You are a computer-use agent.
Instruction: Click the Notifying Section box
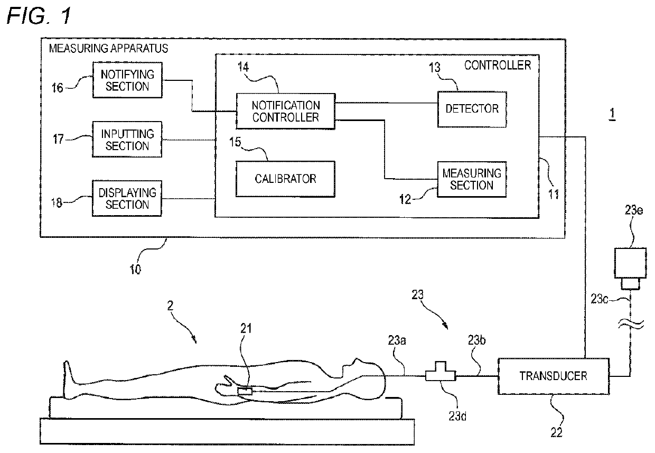coord(127,80)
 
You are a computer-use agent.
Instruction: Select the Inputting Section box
coord(127,140)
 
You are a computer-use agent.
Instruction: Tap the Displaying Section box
coord(127,198)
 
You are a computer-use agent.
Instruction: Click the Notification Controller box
coord(286,111)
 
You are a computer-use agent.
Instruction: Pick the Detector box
coord(472,109)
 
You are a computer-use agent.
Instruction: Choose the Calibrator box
coord(285,179)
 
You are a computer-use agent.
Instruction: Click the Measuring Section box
coord(472,179)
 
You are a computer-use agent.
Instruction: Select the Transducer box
coord(554,376)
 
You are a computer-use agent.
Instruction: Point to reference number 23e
coord(634,210)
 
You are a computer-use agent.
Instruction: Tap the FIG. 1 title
coord(39,15)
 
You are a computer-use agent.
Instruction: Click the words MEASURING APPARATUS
coord(108,48)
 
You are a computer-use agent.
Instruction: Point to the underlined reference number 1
coord(612,114)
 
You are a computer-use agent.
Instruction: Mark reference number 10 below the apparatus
coord(135,269)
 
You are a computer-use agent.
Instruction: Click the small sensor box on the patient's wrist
coord(245,391)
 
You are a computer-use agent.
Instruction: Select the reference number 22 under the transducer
coord(556,432)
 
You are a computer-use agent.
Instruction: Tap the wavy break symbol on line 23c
coord(631,324)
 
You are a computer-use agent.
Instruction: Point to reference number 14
coord(244,67)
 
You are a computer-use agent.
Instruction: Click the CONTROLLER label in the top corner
coord(498,65)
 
